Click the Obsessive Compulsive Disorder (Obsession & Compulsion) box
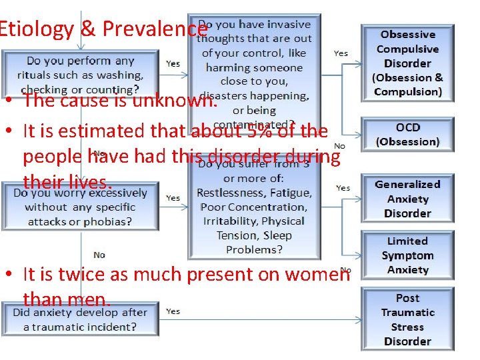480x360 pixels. click(407, 63)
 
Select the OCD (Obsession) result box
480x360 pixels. click(407, 135)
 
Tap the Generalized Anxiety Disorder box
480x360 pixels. click(407, 199)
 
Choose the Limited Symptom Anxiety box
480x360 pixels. click(407, 255)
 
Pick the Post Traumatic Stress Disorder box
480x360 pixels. click(407, 319)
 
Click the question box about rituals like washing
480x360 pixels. click(81, 74)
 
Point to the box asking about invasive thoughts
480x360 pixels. click(256, 67)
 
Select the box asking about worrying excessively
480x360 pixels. click(81, 207)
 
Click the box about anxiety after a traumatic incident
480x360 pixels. click(81, 319)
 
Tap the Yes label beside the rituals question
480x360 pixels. click(173, 63)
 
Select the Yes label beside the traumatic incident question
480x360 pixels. click(173, 311)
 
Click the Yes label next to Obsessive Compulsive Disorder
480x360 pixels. click(341, 53)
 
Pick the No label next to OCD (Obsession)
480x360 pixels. click(339, 146)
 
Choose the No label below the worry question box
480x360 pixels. click(99, 255)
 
